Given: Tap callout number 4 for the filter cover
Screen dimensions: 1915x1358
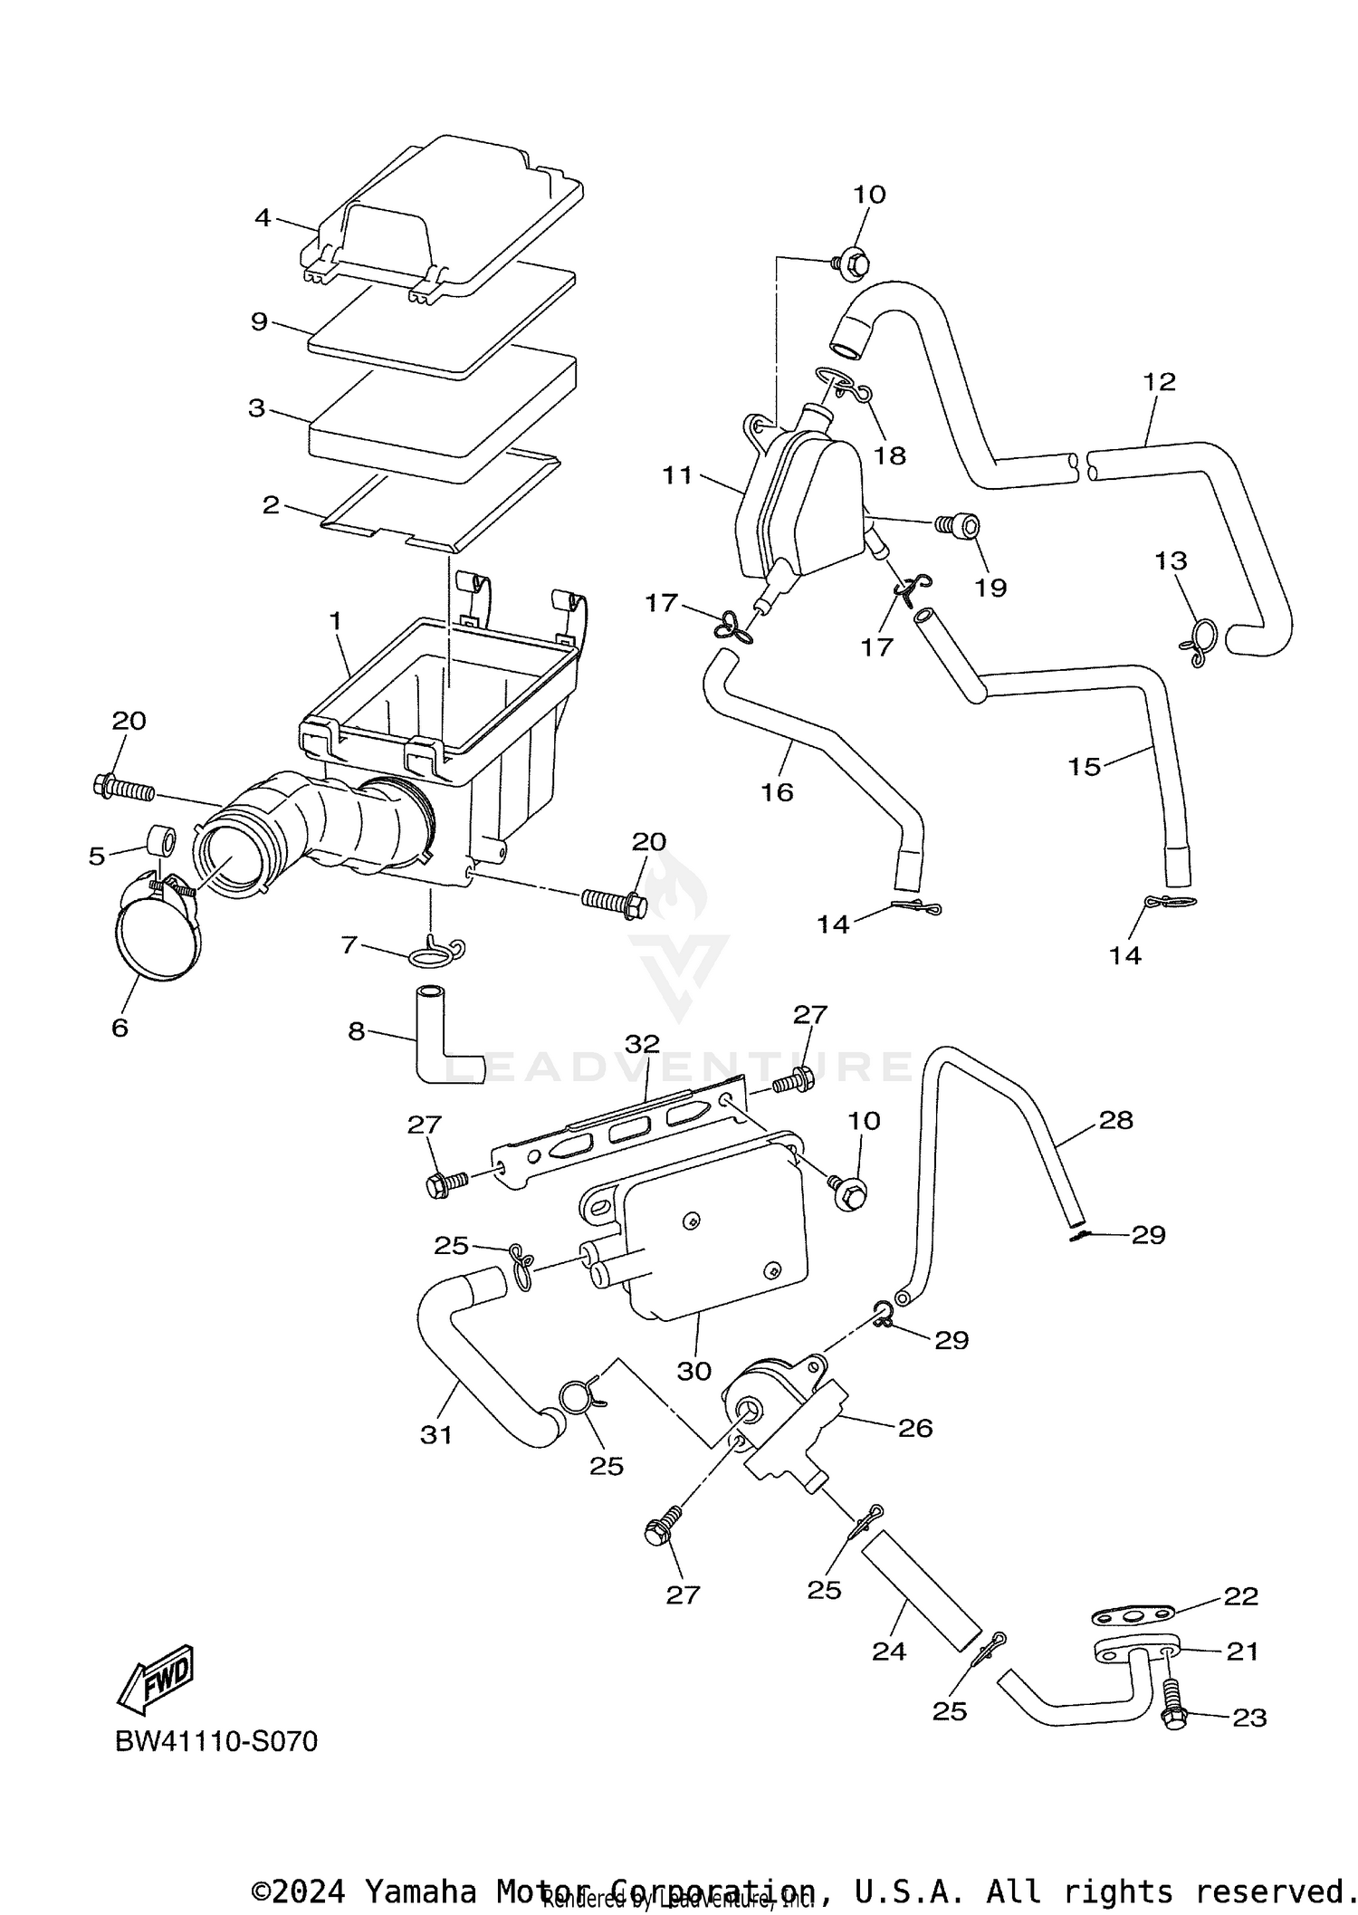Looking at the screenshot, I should pyautogui.click(x=263, y=217).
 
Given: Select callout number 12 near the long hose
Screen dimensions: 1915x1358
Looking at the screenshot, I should pyautogui.click(x=1159, y=381).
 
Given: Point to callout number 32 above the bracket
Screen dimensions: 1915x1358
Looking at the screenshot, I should pyautogui.click(x=642, y=1043).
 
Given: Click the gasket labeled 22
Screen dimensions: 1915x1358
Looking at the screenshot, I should pyautogui.click(x=1132, y=1613).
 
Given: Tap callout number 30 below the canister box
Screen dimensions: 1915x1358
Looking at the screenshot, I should pyautogui.click(x=694, y=1371).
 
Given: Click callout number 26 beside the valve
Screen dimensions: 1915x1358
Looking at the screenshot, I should pyautogui.click(x=914, y=1428).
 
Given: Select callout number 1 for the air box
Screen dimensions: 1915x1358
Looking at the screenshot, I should pyautogui.click(x=335, y=621).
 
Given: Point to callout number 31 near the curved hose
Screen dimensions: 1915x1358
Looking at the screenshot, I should pyautogui.click(x=436, y=1434).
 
